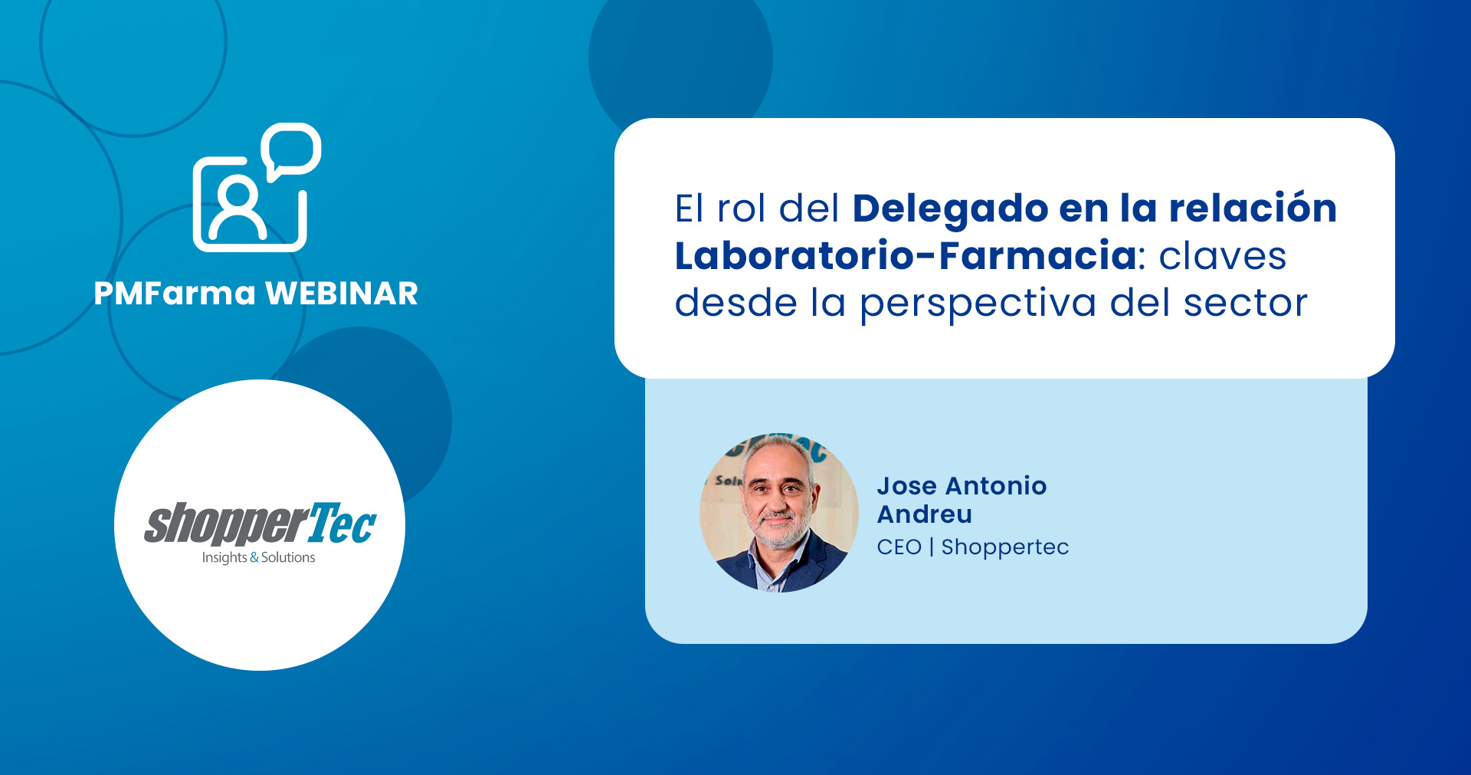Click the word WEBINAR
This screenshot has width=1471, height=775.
pos(341,294)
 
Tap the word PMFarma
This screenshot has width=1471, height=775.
pos(175,294)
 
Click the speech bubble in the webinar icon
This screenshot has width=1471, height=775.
pos(291,149)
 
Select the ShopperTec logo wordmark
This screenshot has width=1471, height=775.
pos(260,524)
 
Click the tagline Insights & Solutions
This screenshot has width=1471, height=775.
pos(259,557)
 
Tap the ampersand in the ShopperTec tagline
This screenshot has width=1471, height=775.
pos(254,557)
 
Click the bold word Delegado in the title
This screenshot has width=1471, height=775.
pos(950,209)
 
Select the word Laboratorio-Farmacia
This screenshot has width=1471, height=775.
pos(906,256)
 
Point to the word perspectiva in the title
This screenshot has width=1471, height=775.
pos(978,304)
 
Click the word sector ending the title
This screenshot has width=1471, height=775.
pos(1246,302)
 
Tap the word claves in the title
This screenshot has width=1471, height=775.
pos(1223,256)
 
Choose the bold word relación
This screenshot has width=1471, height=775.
pos(1253,208)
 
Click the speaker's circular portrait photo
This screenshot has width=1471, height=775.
pos(779,513)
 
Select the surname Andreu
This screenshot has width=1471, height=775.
pos(925,514)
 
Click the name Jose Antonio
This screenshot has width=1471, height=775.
pos(962,486)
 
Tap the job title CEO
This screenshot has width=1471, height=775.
pos(899,547)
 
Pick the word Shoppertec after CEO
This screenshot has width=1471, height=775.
pos(1005,547)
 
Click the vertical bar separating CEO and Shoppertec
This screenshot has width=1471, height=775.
pos(932,547)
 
